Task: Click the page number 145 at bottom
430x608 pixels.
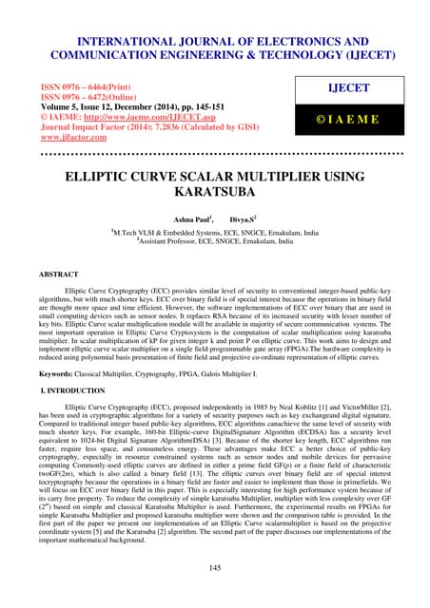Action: (215, 567)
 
